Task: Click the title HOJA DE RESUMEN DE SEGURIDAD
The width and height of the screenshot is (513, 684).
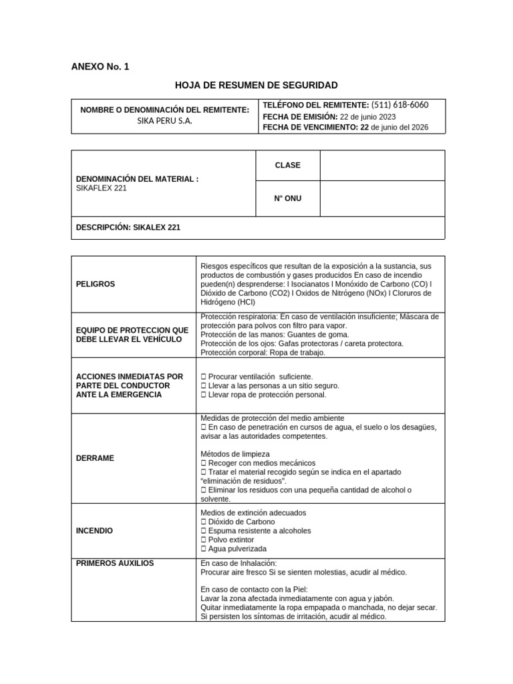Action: (256, 85)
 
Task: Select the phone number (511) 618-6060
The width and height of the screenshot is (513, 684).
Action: (399, 105)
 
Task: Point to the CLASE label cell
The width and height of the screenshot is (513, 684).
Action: (288, 165)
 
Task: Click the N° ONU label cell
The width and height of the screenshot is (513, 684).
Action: (288, 198)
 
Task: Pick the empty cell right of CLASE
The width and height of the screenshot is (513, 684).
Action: (382, 165)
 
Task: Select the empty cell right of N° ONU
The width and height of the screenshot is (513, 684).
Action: (382, 198)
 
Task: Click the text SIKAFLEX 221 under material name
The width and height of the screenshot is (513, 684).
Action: (102, 188)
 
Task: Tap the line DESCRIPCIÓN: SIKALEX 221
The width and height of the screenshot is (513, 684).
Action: (129, 227)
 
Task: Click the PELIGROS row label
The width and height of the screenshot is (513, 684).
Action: (96, 284)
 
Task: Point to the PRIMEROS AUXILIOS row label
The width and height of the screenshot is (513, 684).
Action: (116, 563)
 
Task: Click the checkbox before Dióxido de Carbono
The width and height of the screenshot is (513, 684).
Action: (204, 522)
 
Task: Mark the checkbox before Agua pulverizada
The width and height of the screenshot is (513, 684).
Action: (204, 548)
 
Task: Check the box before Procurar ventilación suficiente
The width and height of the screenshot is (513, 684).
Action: (204, 377)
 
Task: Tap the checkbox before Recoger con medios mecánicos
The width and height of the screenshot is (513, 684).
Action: (204, 463)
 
